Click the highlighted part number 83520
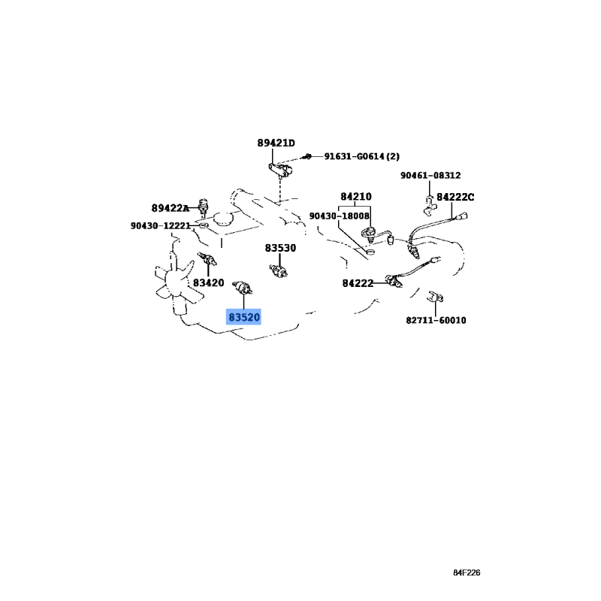point(243,317)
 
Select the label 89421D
point(276,143)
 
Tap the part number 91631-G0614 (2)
point(362,156)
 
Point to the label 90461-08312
point(430,175)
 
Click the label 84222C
point(455,197)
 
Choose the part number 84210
point(356,197)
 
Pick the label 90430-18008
point(340,216)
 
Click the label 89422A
point(171,208)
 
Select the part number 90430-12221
point(161,226)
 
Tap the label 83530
point(280,248)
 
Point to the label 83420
point(208,283)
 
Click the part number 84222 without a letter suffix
point(358,283)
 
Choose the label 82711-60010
point(436,320)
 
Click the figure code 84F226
point(467,572)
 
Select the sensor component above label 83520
point(242,288)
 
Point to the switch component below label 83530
point(279,270)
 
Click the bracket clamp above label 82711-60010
point(436,296)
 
